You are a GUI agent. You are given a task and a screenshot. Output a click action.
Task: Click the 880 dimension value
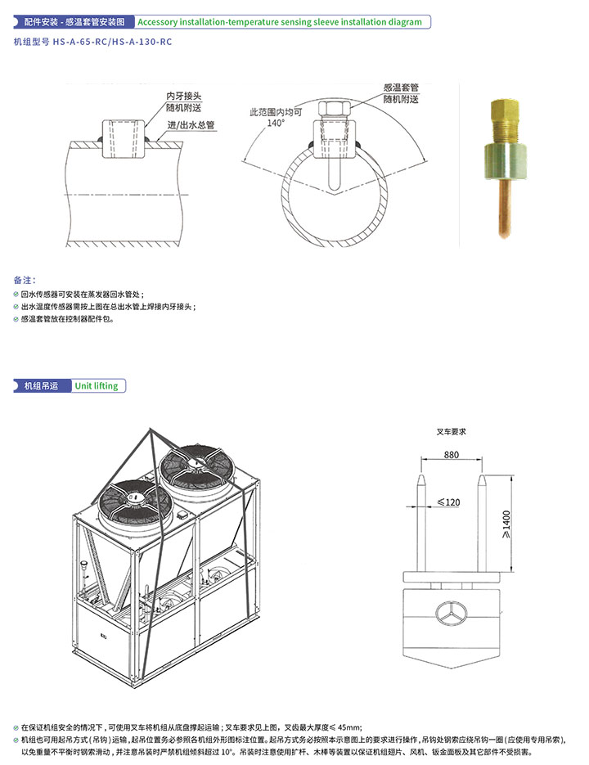click(x=452, y=455)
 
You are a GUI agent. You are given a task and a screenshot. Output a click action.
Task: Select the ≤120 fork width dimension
click(x=448, y=502)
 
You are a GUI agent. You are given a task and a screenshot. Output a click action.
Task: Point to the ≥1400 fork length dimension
click(x=506, y=524)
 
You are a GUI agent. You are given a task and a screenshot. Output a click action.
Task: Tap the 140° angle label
click(x=276, y=123)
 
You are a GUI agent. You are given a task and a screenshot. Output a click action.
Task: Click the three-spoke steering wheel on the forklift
click(x=451, y=614)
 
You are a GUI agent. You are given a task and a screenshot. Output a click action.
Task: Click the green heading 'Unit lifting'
click(x=97, y=386)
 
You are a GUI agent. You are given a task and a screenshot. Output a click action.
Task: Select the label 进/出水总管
click(x=191, y=125)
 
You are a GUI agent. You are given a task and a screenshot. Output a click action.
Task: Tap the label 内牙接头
click(x=183, y=96)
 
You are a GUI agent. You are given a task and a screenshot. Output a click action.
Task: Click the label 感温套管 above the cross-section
click(x=401, y=88)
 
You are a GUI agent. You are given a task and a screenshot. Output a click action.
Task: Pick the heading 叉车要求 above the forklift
click(x=452, y=432)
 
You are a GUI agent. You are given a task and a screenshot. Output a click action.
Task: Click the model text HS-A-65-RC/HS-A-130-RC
click(x=112, y=42)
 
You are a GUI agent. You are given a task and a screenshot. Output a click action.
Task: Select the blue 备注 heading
click(x=25, y=280)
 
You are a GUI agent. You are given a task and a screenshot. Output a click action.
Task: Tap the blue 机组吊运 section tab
click(x=41, y=386)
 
